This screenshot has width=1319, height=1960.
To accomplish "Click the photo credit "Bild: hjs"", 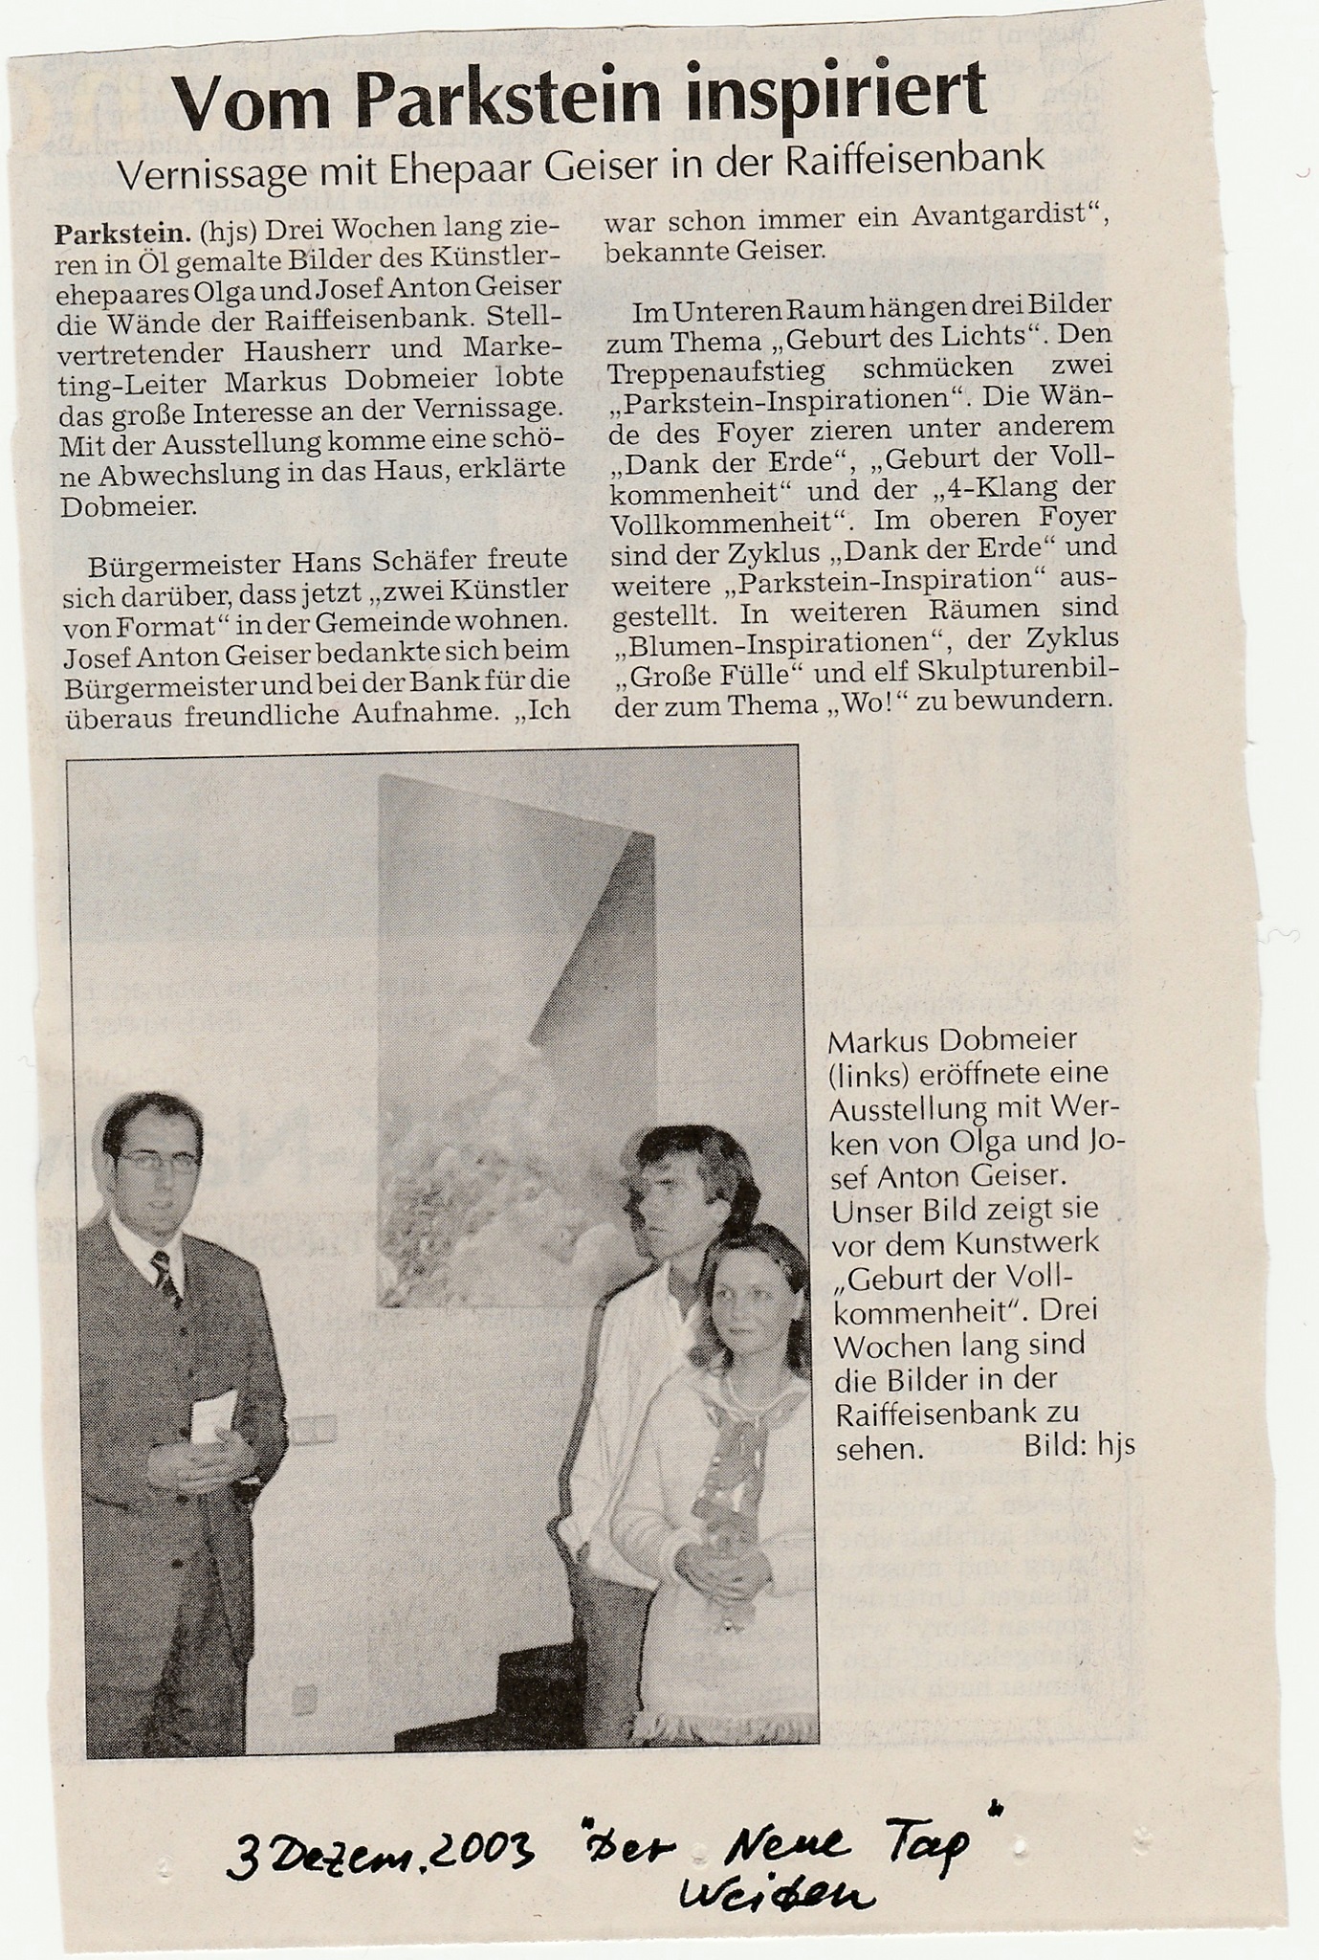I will point(1079,1444).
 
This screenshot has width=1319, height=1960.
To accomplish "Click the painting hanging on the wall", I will point(517,1043).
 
